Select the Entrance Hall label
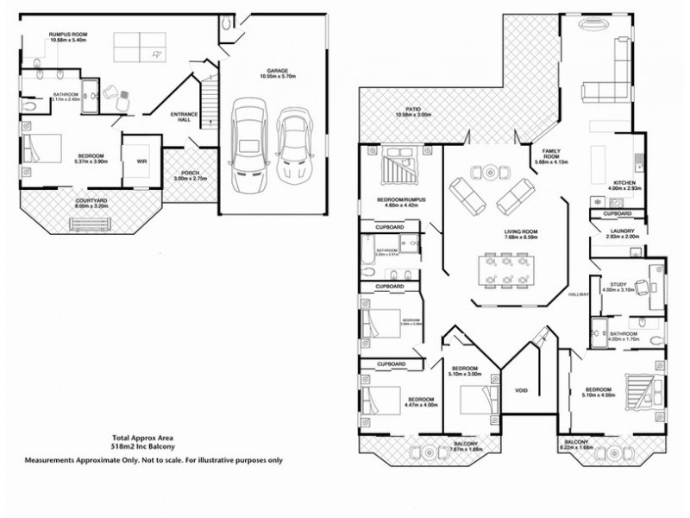[x=184, y=117]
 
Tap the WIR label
[x=140, y=161]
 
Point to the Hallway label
[x=578, y=294]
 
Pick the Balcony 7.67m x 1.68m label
[x=465, y=446]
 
